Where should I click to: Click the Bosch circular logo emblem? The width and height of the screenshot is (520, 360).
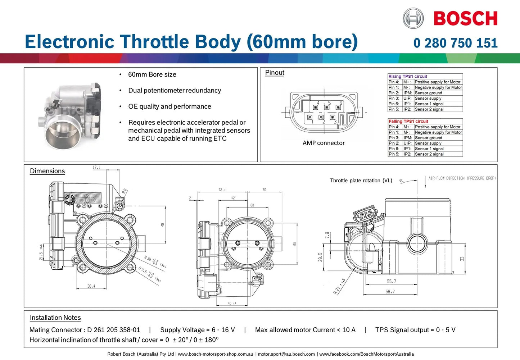pyautogui.click(x=413, y=18)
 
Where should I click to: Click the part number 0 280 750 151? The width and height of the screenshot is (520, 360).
pyautogui.click(x=455, y=43)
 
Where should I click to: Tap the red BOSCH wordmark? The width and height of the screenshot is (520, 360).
pyautogui.click(x=465, y=19)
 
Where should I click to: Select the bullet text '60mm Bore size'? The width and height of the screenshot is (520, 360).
pyautogui.click(x=152, y=74)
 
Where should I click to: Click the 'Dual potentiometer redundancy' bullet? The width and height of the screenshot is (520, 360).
pyautogui.click(x=175, y=91)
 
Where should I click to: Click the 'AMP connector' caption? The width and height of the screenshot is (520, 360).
pyautogui.click(x=324, y=143)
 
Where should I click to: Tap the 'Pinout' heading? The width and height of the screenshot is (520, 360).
pyautogui.click(x=275, y=73)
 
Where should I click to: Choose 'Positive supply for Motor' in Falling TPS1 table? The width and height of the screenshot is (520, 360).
pyautogui.click(x=437, y=127)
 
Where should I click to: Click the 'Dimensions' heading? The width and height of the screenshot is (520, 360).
pyautogui.click(x=47, y=171)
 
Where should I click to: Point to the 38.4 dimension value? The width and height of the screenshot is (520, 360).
pyautogui.click(x=91, y=286)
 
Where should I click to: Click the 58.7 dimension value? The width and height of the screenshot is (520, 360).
pyautogui.click(x=390, y=292)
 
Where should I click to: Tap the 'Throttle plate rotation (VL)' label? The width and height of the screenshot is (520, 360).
pyautogui.click(x=361, y=181)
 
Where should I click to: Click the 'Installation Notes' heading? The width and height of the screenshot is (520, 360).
pyautogui.click(x=55, y=318)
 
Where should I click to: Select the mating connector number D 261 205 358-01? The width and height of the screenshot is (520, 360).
pyautogui.click(x=113, y=330)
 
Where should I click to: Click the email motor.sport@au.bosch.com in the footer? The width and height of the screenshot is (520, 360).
pyautogui.click(x=286, y=354)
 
